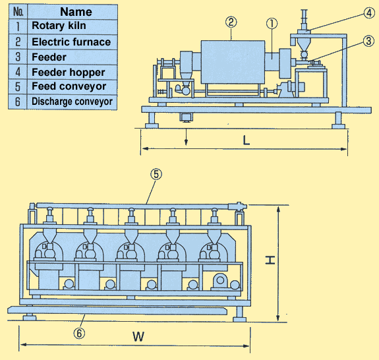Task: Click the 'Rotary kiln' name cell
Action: coord(73,26)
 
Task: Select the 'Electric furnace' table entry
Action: coord(73,42)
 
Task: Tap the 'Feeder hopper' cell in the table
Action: coord(73,72)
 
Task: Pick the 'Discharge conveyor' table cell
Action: coord(73,102)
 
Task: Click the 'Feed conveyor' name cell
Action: coord(73,87)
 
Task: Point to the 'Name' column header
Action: coord(73,12)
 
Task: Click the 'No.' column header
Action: coord(18,12)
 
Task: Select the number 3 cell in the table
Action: coord(18,57)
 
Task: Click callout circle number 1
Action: coord(272,24)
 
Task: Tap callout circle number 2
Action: coord(231,22)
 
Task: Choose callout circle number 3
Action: coord(368,41)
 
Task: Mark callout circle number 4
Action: coord(369,13)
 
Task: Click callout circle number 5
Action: coord(156,174)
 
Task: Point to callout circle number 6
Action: coord(79,334)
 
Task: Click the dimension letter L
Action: coord(246,140)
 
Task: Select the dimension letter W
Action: coord(138,336)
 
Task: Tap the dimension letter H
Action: coord(270,260)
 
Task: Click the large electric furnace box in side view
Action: coord(233,62)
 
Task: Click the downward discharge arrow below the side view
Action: coord(186,137)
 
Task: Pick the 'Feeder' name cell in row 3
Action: coord(73,57)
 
